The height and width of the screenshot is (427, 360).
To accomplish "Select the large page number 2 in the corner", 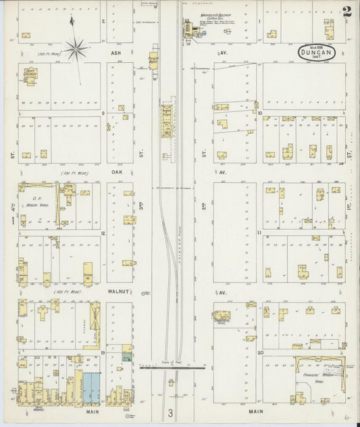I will point(346,11).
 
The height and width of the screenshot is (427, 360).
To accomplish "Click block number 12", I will point(103,233).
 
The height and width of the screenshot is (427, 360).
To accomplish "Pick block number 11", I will point(259,232).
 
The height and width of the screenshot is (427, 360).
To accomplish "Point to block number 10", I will point(259,113).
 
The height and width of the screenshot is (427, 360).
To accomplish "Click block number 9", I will point(103,113).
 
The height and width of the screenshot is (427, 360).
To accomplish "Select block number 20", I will point(259,353).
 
